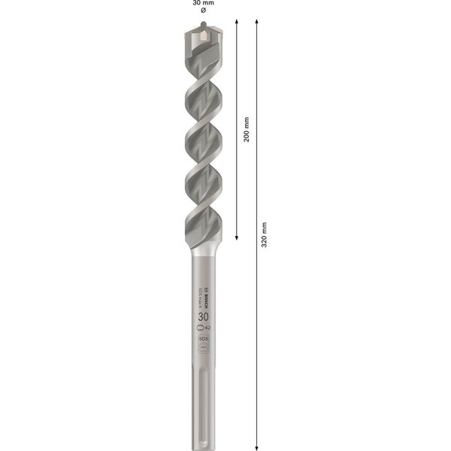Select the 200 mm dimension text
pyautogui.click(x=247, y=129)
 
